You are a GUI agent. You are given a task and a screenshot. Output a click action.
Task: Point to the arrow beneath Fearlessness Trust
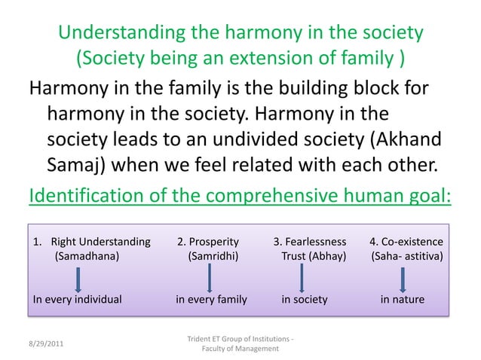tap(302, 279)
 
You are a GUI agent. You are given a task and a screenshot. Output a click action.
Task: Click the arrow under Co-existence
tap(403, 279)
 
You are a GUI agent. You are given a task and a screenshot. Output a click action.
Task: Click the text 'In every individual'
tap(78, 299)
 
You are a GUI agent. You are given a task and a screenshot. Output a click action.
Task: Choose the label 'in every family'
tap(211, 299)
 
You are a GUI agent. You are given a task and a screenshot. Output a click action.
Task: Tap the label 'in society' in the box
tap(305, 299)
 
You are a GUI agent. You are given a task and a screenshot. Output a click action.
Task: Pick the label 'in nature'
tap(402, 299)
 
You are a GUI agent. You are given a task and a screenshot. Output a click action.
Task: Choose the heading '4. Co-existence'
tap(406, 242)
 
